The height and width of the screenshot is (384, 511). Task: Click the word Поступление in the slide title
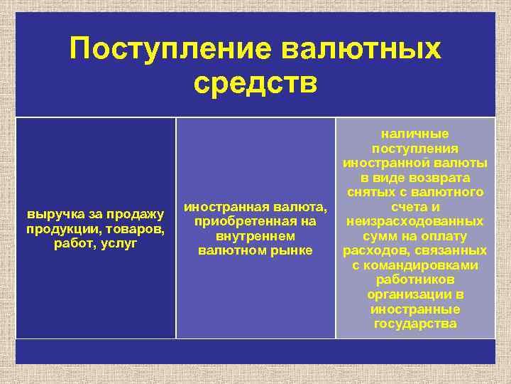pyautogui.click(x=170, y=49)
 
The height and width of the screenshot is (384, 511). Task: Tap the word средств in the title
pyautogui.click(x=255, y=82)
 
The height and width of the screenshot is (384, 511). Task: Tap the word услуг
pyautogui.click(x=119, y=243)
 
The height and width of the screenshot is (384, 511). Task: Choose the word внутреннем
pyautogui.click(x=255, y=236)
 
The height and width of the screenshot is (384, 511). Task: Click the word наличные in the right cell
pyautogui.click(x=415, y=133)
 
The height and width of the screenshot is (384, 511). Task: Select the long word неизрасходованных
pyautogui.click(x=415, y=221)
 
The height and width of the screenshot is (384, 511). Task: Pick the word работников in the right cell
pyautogui.click(x=415, y=280)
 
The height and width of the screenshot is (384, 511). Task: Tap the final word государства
pyautogui.click(x=415, y=324)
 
